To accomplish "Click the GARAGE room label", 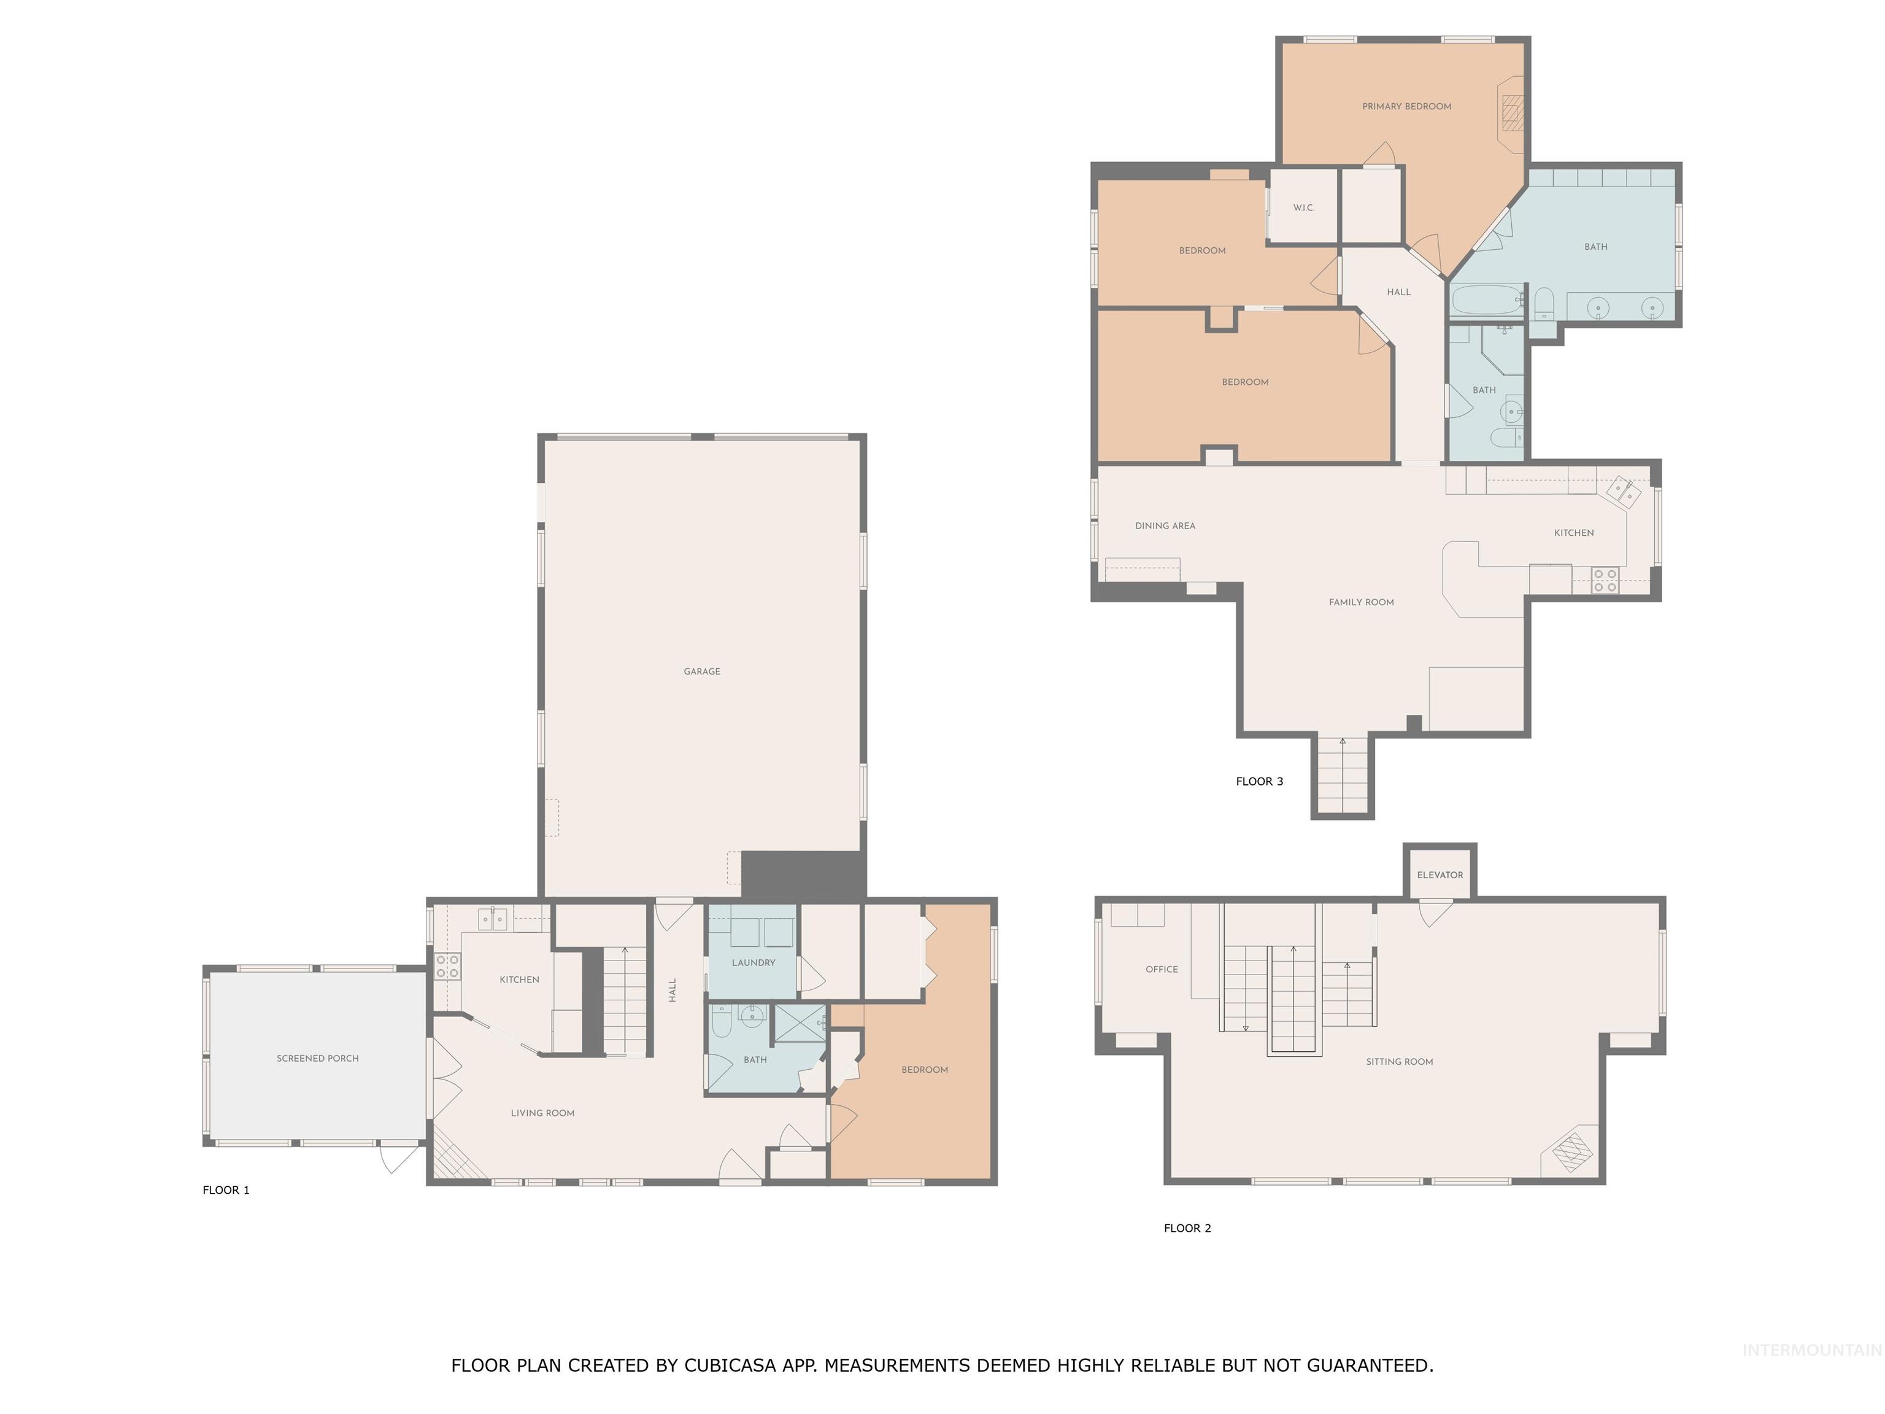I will click(x=701, y=671).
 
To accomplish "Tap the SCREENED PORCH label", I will click(x=317, y=1059).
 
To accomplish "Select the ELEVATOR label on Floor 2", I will click(x=1440, y=875).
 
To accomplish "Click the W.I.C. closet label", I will click(x=1303, y=208).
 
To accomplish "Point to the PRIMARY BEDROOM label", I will click(x=1406, y=107).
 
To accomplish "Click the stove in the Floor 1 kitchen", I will click(x=447, y=967).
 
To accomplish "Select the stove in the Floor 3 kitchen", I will click(x=1605, y=581).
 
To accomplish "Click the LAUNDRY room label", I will click(x=754, y=963).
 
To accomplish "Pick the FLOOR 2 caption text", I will click(x=1187, y=1228).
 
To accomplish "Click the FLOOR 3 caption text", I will click(x=1259, y=782).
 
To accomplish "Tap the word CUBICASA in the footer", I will click(x=730, y=1366).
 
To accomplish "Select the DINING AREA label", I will click(x=1165, y=526).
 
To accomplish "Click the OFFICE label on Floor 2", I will click(x=1162, y=970).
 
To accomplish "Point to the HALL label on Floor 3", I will click(x=1398, y=292).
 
